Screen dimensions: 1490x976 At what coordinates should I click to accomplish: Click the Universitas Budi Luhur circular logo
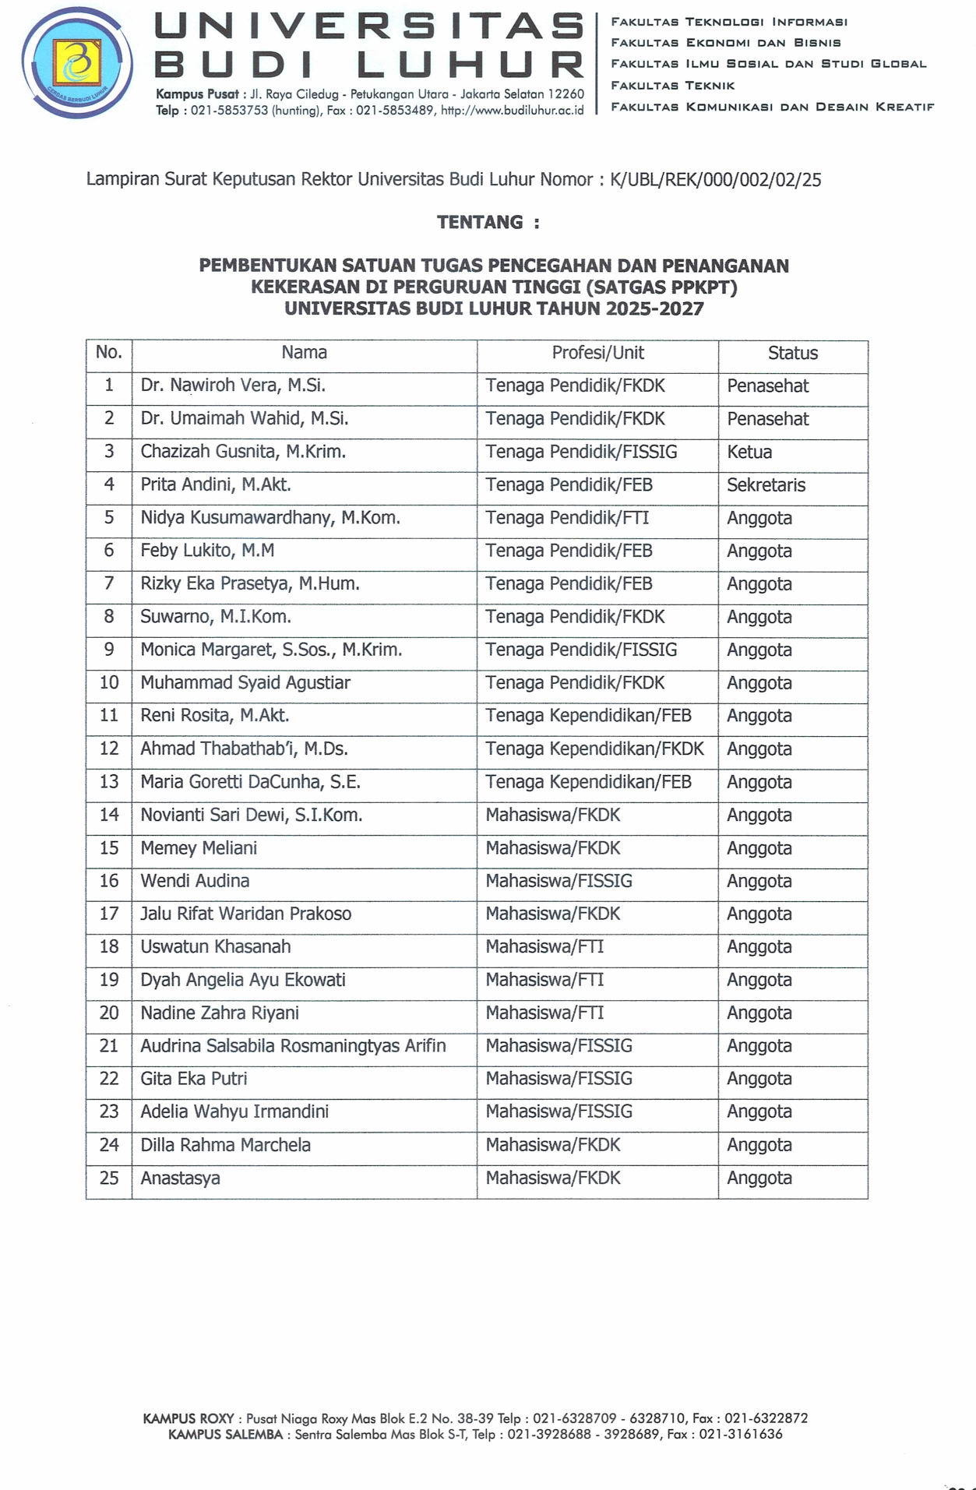click(76, 62)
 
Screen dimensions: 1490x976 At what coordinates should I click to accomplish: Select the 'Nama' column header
click(304, 353)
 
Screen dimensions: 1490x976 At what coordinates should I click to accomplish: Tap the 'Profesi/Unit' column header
click(597, 353)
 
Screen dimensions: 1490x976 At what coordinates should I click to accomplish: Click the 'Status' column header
click(792, 354)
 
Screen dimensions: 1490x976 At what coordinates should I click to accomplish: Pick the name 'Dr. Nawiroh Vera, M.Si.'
click(233, 386)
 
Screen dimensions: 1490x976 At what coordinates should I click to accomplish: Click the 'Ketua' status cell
click(749, 452)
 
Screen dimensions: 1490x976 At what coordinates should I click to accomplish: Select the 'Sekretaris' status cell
click(766, 485)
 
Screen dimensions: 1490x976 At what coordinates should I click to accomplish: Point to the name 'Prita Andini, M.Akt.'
click(216, 485)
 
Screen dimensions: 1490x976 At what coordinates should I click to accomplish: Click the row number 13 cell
click(109, 782)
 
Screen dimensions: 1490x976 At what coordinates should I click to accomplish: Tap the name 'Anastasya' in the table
click(180, 1178)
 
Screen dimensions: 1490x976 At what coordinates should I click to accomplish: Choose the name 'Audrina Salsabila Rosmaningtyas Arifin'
click(293, 1046)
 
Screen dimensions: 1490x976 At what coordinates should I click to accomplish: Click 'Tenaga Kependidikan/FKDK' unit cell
click(594, 749)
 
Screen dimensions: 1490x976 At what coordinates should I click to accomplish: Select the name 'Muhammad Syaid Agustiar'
click(245, 683)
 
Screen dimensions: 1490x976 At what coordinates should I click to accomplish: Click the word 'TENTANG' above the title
click(479, 223)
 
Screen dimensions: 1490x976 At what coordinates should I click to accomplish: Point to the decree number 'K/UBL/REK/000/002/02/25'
click(715, 180)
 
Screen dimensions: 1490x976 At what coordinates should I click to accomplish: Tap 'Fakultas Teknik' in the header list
click(672, 85)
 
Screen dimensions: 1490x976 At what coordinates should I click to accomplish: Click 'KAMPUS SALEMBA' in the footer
click(225, 1434)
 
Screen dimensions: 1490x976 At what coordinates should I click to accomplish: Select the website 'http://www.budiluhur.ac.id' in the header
click(512, 111)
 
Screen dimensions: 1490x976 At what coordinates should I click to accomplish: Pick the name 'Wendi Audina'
click(195, 881)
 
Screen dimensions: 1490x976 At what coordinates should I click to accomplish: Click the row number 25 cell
click(109, 1178)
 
